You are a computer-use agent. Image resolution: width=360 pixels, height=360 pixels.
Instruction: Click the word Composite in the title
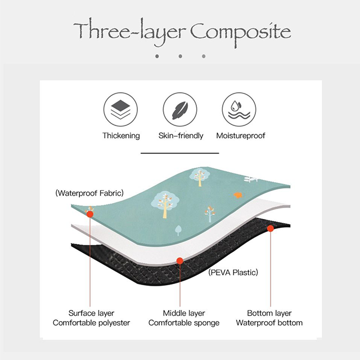(x=241, y=34)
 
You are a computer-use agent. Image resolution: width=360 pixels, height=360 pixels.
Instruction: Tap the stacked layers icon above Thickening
(x=120, y=110)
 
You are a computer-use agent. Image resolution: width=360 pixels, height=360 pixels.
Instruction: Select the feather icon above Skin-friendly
(x=180, y=110)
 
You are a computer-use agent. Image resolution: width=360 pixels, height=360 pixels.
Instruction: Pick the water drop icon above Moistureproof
(x=239, y=110)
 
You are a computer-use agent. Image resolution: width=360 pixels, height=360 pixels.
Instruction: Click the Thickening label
(x=121, y=136)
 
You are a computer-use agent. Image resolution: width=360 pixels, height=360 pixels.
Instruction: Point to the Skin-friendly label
(x=181, y=136)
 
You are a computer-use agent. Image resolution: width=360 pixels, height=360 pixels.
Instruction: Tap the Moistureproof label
(x=241, y=136)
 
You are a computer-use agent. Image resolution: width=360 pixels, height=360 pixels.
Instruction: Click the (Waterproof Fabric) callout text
(x=89, y=193)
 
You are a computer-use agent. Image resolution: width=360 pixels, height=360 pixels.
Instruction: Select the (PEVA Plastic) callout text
(x=233, y=272)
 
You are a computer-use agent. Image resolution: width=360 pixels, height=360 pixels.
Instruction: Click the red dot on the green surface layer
(x=90, y=214)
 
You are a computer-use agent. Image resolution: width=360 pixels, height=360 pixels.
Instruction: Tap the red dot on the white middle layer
(x=180, y=261)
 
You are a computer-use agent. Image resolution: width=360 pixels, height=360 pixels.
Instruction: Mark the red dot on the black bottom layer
(x=271, y=228)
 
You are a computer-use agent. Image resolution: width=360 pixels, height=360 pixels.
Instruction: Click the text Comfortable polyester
(x=91, y=323)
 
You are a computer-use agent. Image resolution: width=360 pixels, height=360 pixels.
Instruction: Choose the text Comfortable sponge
(x=184, y=323)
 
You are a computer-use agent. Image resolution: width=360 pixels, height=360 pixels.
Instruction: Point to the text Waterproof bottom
(x=269, y=323)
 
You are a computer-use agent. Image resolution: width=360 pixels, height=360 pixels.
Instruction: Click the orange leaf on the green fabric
(x=238, y=195)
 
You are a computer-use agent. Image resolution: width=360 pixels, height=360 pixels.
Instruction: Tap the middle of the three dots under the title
(x=180, y=56)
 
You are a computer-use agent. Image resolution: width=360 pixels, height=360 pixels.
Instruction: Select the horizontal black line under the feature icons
(x=180, y=153)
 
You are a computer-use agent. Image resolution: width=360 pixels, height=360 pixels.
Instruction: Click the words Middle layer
(x=184, y=313)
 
